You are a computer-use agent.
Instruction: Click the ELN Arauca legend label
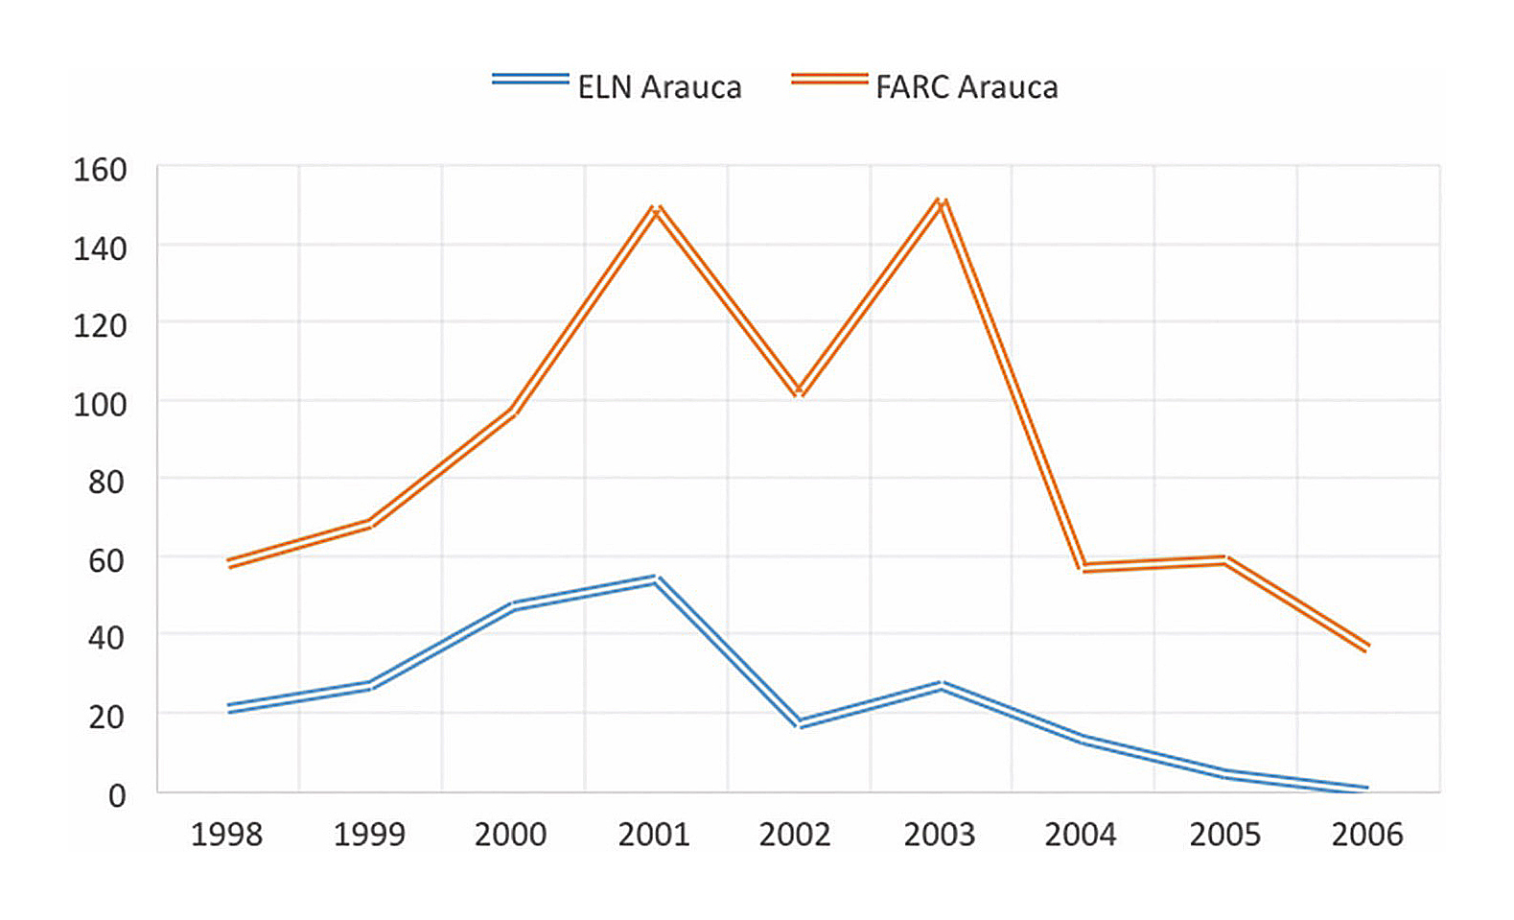[659, 87]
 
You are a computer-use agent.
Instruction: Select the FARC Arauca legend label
[967, 87]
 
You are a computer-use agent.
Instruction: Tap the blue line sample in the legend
[530, 80]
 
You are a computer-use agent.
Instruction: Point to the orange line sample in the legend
[829, 80]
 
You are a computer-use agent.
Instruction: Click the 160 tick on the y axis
[100, 170]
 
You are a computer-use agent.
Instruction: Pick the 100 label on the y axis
[100, 404]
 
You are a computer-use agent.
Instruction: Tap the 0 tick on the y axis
[116, 795]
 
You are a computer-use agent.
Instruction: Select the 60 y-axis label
[105, 560]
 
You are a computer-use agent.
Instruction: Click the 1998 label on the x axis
[226, 835]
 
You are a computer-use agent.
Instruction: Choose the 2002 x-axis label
[795, 835]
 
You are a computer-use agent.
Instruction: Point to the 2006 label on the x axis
[1367, 835]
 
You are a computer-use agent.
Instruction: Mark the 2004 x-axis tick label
[1081, 835]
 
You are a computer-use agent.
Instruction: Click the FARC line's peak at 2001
[656, 209]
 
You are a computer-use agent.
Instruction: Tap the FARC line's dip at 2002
[799, 391]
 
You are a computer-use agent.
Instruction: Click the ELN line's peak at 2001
[655, 579]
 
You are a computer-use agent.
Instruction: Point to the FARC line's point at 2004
[1083, 568]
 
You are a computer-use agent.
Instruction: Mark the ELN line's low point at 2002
[799, 724]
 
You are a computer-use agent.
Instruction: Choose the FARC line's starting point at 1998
[228, 563]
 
